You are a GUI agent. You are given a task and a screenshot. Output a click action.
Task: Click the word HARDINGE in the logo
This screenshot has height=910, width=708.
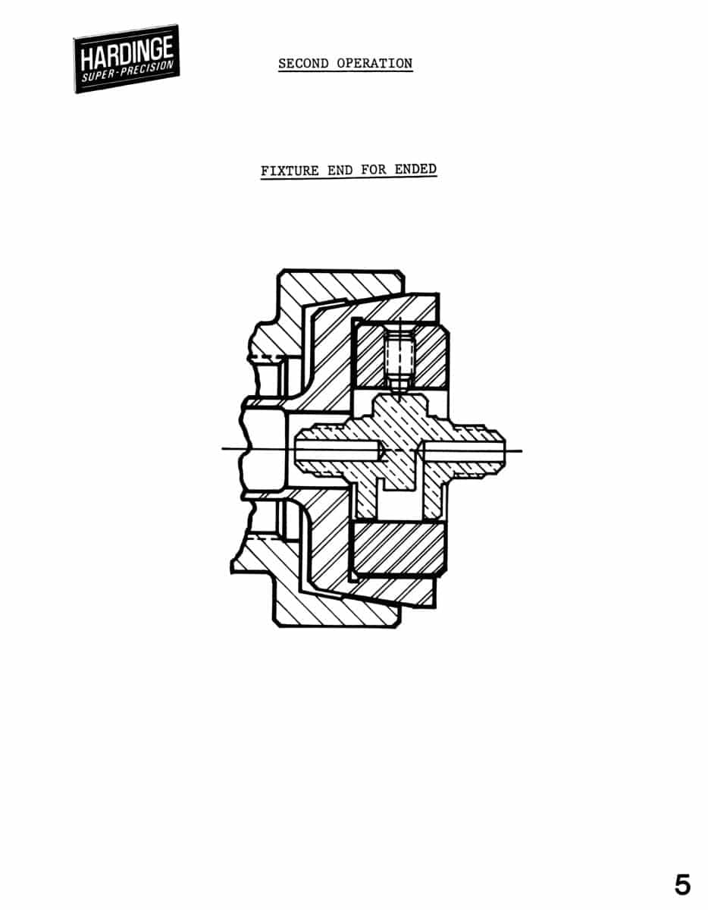(x=127, y=53)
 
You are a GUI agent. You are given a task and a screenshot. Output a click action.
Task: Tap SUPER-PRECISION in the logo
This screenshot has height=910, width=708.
(x=127, y=71)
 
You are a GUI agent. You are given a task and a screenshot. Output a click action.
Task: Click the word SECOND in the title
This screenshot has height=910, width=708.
(x=303, y=63)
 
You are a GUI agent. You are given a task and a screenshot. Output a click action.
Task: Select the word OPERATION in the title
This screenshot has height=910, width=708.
(x=374, y=63)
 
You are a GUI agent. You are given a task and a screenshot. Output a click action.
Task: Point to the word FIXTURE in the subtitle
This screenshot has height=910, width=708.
(x=290, y=171)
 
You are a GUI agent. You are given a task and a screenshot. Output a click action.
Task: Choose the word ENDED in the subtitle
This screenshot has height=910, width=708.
(x=415, y=169)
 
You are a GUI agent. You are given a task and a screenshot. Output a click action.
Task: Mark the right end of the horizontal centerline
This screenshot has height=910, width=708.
(x=522, y=451)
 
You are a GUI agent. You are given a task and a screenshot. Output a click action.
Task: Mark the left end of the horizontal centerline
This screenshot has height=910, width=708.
(x=222, y=449)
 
